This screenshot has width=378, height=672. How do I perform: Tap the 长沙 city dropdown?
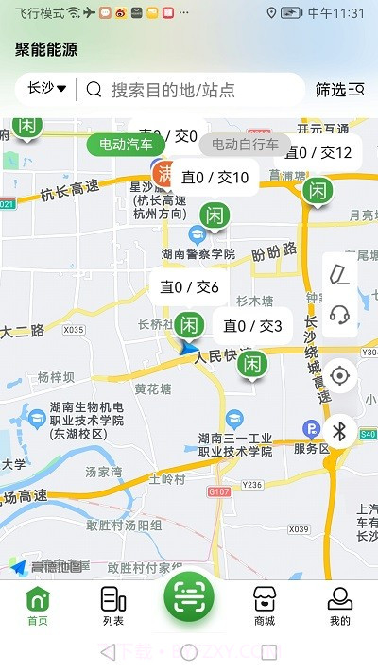click(x=46, y=89)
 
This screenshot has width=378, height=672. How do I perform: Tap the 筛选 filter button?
click(x=339, y=90)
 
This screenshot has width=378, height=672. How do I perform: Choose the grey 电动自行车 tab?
click(x=245, y=145)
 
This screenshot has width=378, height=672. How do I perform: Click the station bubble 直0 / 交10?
click(x=215, y=178)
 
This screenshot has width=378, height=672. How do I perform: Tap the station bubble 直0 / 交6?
click(x=189, y=287)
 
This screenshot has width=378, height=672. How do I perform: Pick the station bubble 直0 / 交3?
click(x=252, y=326)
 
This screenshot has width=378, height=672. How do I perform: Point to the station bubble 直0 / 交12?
click(x=318, y=152)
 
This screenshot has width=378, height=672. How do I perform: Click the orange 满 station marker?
click(x=166, y=173)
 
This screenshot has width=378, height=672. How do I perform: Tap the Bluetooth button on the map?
click(x=341, y=432)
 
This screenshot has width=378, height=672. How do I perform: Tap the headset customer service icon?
click(x=340, y=315)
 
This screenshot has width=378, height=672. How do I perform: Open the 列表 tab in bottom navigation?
click(x=113, y=606)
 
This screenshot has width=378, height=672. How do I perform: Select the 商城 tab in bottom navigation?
click(x=265, y=606)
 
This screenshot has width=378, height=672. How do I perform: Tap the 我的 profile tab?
click(x=340, y=606)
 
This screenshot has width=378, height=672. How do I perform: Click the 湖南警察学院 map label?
click(x=198, y=254)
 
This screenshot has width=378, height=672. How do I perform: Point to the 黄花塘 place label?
click(x=153, y=388)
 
